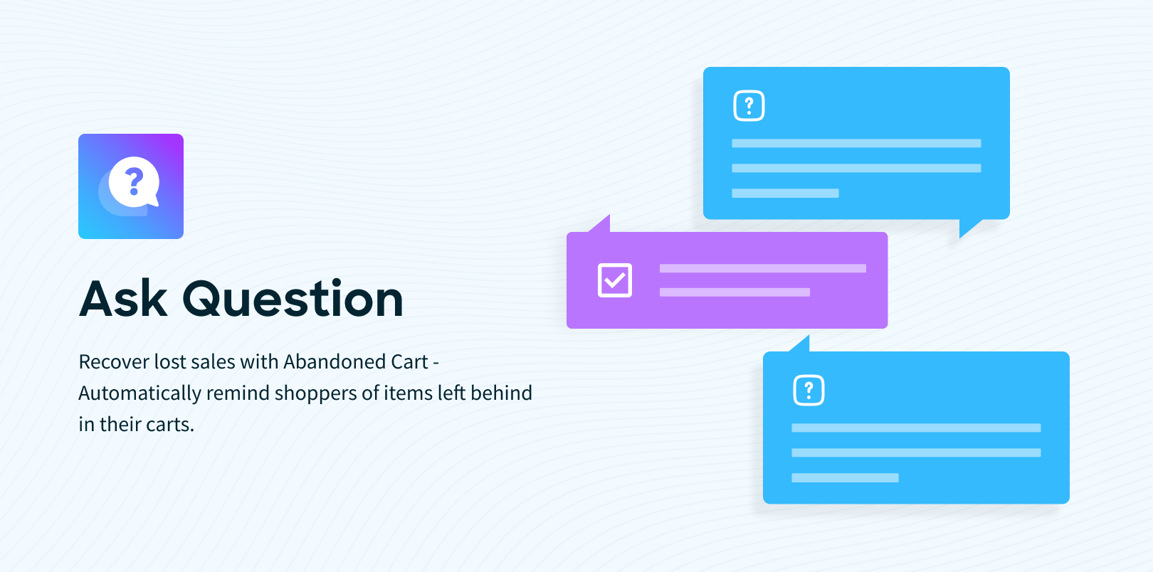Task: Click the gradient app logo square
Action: tap(131, 186)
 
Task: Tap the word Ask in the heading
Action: tap(123, 298)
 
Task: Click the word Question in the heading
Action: tap(293, 298)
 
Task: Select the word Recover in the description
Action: tap(114, 361)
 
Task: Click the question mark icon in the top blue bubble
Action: tap(749, 105)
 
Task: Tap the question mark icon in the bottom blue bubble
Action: tap(809, 391)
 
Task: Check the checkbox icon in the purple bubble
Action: tap(615, 280)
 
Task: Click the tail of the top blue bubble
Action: tap(968, 228)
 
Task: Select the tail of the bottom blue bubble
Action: tap(801, 344)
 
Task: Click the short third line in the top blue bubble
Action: tap(786, 194)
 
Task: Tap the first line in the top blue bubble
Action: tap(856, 144)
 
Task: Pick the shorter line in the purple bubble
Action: tap(735, 292)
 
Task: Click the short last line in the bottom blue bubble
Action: tap(846, 478)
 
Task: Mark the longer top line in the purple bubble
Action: tap(763, 268)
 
